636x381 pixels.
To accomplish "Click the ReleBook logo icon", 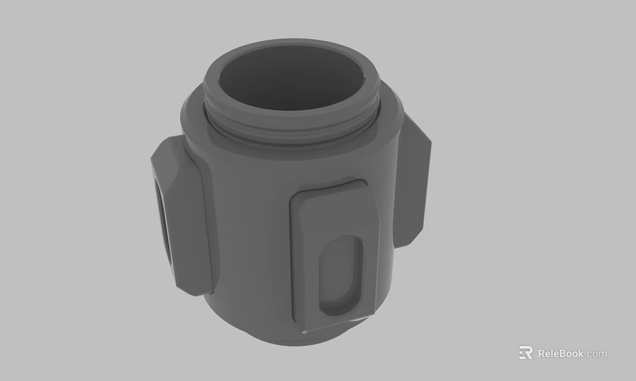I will (525, 353).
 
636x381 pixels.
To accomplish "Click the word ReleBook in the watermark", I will (560, 353).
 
